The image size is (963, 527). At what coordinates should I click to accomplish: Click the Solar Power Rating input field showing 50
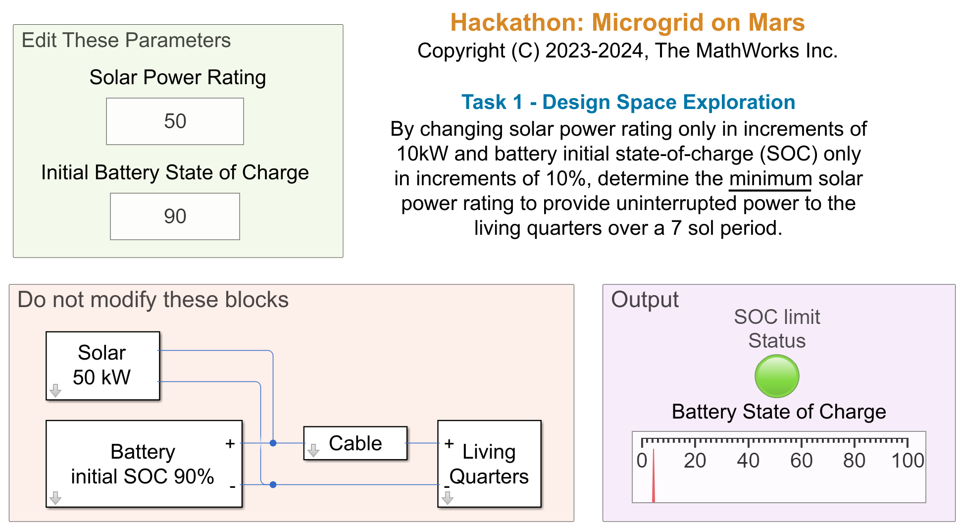(x=175, y=121)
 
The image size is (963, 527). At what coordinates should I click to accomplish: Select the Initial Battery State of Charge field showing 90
(x=175, y=216)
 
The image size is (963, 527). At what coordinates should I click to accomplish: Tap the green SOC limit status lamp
(x=777, y=376)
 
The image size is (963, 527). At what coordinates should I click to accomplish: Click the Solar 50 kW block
(x=103, y=366)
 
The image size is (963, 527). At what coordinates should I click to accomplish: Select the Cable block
(x=355, y=443)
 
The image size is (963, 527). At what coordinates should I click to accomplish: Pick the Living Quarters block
(x=489, y=464)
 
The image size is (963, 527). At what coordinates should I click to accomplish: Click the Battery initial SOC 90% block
(x=144, y=464)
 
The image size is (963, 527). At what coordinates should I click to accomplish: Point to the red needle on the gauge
(x=654, y=475)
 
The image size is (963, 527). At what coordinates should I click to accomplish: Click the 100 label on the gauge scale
(x=908, y=461)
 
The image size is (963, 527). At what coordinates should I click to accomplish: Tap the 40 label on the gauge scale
(x=748, y=461)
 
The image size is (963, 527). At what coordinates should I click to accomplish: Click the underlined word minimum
(x=770, y=179)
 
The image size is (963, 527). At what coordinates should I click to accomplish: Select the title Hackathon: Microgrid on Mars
(x=627, y=22)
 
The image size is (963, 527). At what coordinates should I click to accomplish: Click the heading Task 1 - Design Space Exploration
(x=628, y=102)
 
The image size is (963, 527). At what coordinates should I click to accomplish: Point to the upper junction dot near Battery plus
(x=273, y=443)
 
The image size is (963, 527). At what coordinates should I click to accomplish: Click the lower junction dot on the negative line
(x=273, y=484)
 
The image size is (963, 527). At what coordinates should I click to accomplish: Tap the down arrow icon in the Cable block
(x=313, y=450)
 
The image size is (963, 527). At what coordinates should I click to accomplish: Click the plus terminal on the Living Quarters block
(x=449, y=443)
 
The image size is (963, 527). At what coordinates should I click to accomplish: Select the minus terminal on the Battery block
(x=232, y=487)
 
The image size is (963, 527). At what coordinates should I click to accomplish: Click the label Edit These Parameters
(x=126, y=40)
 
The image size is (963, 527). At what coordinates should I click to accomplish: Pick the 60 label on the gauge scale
(x=801, y=461)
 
